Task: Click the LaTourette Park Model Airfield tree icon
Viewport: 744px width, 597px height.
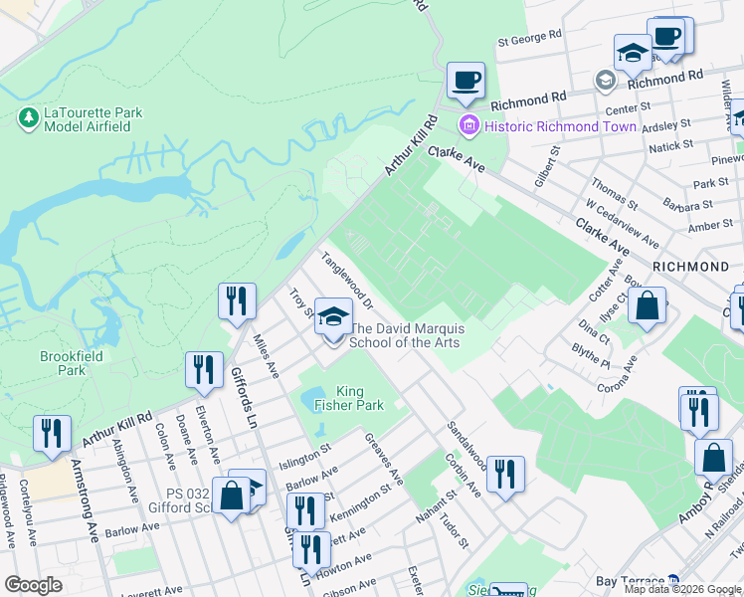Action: click(x=28, y=118)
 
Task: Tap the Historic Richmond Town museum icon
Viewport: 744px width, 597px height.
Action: click(x=467, y=126)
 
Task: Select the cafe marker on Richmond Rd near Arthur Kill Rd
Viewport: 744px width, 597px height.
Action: click(x=465, y=81)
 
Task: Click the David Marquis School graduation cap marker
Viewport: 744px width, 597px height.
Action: click(x=334, y=316)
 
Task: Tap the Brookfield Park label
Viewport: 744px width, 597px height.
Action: click(x=65, y=363)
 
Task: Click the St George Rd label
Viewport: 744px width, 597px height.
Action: click(x=530, y=41)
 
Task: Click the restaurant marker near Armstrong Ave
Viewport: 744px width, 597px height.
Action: click(x=52, y=434)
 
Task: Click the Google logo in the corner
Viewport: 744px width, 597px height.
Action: click(x=34, y=585)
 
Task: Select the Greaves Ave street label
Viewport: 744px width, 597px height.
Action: click(x=385, y=459)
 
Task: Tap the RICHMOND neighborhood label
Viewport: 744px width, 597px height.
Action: click(x=690, y=267)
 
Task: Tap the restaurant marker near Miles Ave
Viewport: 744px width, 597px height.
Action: click(x=237, y=301)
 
